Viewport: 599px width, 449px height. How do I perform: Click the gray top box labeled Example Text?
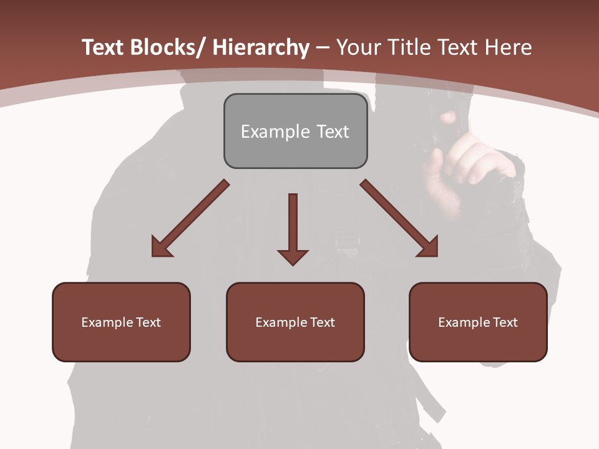(295, 131)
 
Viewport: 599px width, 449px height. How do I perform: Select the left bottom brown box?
(121, 322)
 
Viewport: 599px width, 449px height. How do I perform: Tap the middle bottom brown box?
(295, 322)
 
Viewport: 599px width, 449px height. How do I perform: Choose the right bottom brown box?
(478, 322)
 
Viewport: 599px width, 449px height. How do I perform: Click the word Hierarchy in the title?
(261, 47)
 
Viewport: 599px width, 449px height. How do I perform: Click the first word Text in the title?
(103, 47)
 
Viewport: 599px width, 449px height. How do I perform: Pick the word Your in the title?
(358, 47)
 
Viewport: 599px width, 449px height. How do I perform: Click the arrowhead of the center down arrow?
(293, 256)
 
